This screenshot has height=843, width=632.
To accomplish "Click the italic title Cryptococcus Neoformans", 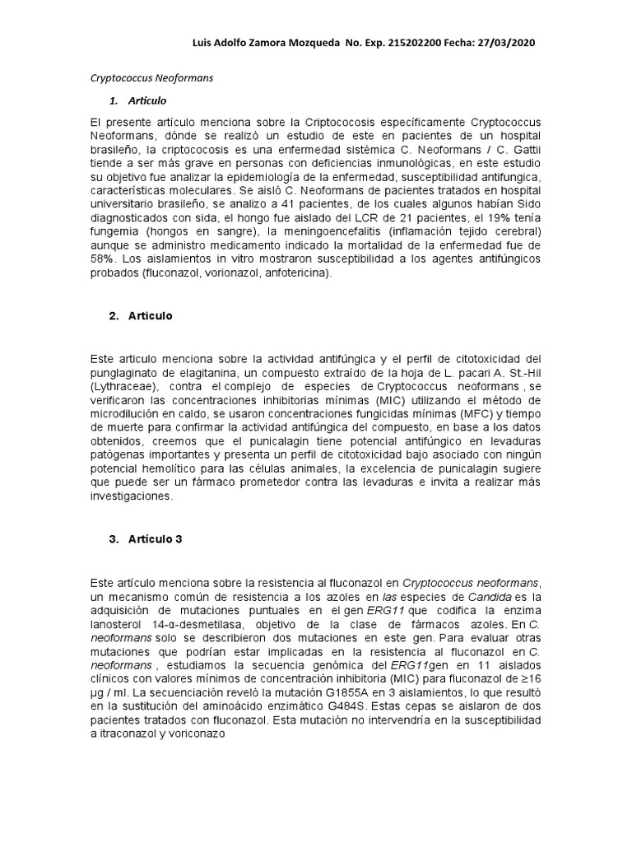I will [x=151, y=79].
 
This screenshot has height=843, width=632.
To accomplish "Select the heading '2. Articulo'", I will [x=140, y=316].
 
